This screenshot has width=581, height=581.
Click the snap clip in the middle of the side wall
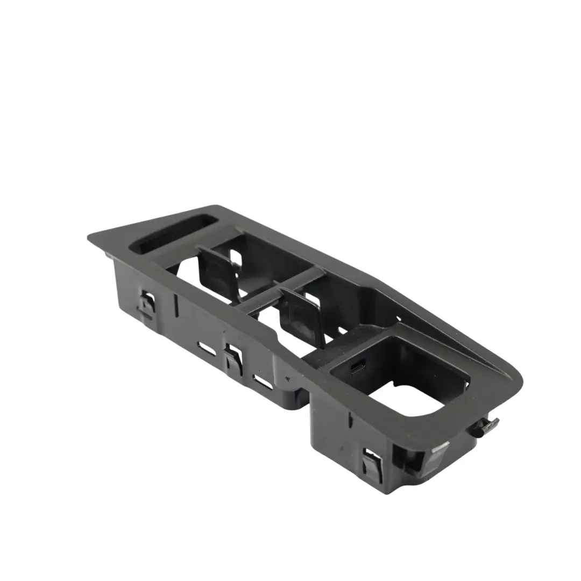(233, 357)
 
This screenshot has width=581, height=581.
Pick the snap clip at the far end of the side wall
(147, 305)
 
